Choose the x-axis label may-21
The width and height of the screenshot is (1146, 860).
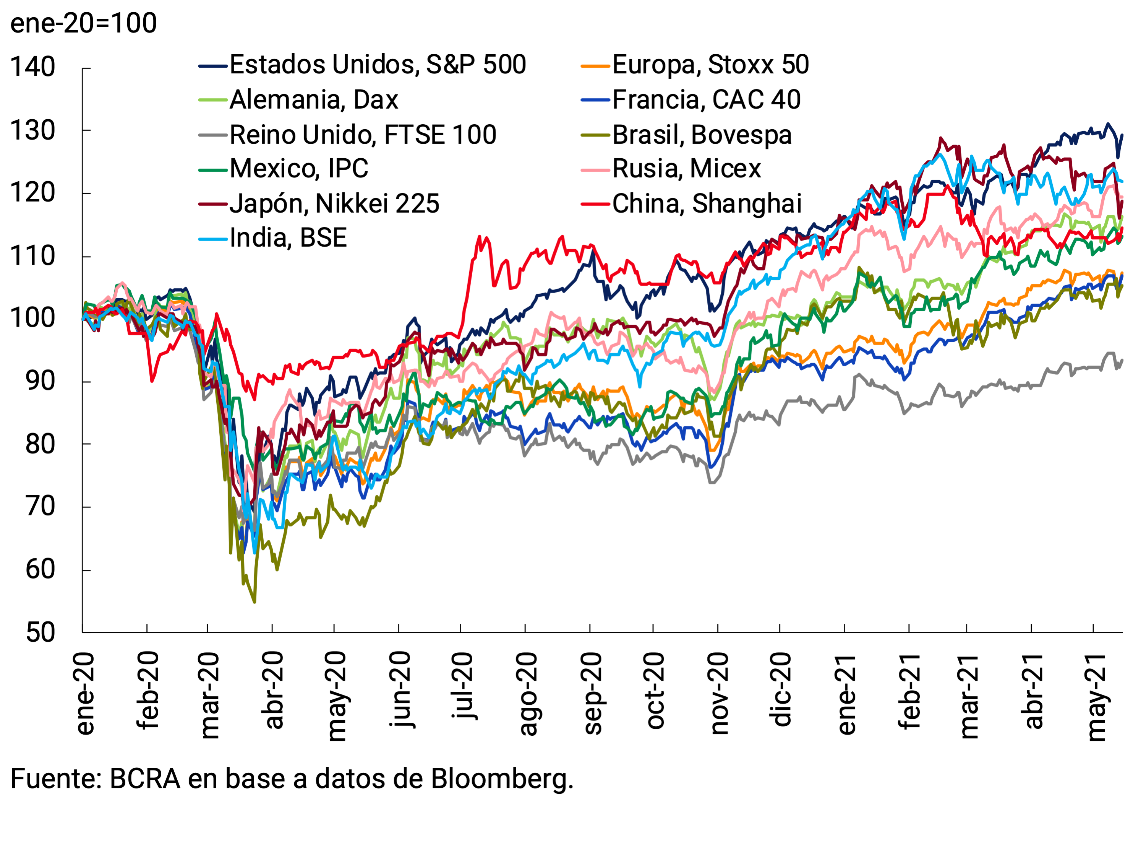coord(1095,697)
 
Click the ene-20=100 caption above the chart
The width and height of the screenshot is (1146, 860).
coord(83,23)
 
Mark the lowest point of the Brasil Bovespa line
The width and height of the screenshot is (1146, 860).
coord(254,602)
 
